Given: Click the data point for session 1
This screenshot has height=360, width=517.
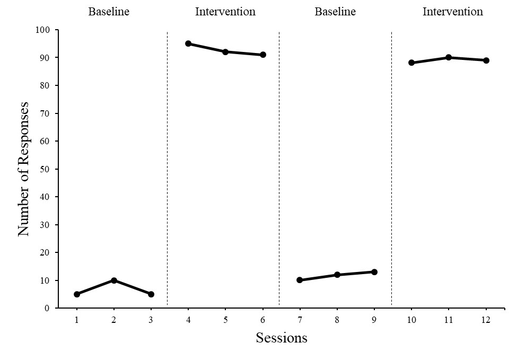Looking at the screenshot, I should coord(77,294).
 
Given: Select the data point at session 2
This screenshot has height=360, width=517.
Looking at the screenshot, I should coord(114,280).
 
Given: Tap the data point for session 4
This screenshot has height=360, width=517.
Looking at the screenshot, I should coord(188,43).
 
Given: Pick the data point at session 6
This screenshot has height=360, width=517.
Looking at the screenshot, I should coord(263,55).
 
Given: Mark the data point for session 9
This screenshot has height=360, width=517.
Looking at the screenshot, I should coord(374,272).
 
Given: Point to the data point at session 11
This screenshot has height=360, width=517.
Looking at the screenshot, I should coord(449,57).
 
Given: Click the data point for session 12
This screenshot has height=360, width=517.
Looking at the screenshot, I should coord(486,60).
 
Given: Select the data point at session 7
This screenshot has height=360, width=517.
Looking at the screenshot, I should coord(300,280).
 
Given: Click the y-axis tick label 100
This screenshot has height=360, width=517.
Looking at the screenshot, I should coord(41,30).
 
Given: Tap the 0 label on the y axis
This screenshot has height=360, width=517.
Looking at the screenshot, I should coord(47,308).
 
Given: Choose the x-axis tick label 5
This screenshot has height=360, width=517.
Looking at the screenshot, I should coord(225,320).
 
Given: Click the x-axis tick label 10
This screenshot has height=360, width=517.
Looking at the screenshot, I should coord(411,320).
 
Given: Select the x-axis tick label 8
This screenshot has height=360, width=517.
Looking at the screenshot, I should coord(337,320).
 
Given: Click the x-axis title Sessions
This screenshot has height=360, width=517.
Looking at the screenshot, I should coord(282,338).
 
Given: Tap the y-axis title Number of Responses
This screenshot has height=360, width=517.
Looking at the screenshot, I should coord(24,169).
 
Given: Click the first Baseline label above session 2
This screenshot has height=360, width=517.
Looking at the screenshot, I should coord(109,12).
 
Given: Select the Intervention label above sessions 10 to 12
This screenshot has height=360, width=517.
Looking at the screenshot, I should coord(452,12).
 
